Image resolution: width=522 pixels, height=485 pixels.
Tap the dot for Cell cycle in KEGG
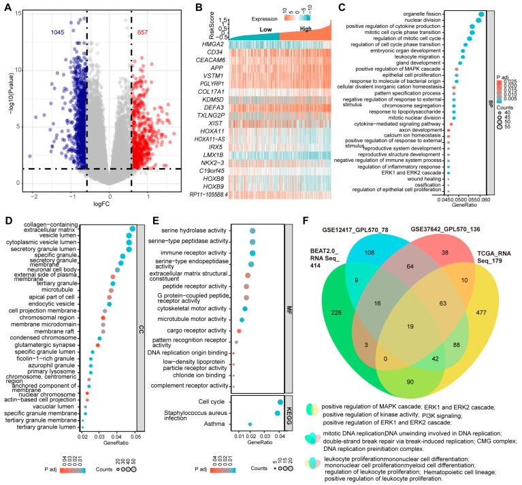[280, 403]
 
